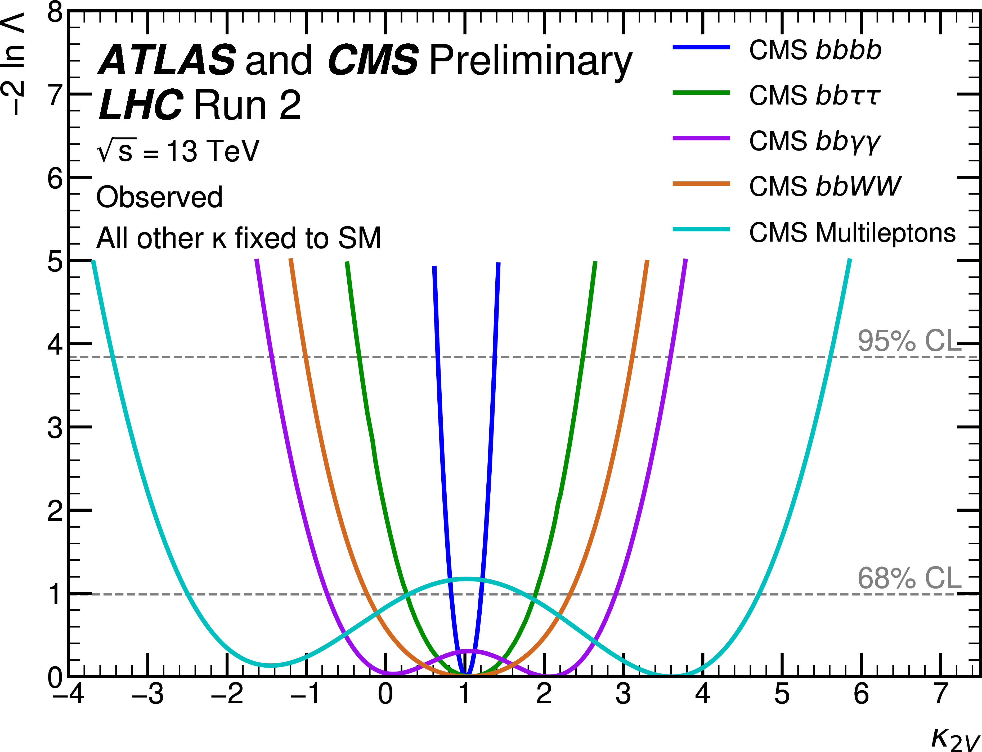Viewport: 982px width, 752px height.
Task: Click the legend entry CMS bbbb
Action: (815, 50)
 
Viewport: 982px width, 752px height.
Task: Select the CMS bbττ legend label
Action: (815, 96)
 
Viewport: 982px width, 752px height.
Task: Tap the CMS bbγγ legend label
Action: (815, 142)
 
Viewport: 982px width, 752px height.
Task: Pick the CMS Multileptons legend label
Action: (852, 233)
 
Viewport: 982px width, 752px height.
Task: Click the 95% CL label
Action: (909, 341)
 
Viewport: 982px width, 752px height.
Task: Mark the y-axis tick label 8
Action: (55, 12)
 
